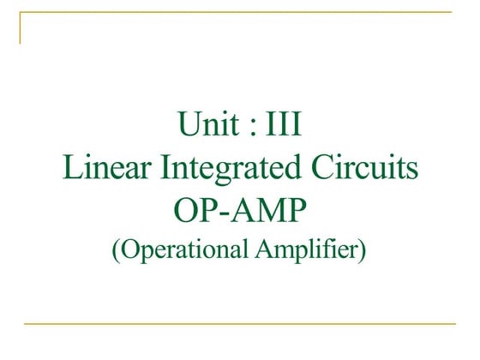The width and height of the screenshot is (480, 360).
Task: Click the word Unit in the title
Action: (x=207, y=125)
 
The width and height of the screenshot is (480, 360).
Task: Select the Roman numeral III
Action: (x=282, y=125)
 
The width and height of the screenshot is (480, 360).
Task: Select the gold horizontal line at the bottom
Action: (x=240, y=324)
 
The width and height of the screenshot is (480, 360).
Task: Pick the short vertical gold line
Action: (x=21, y=27)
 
